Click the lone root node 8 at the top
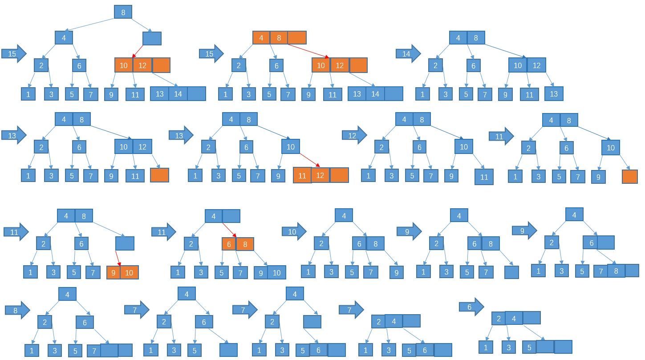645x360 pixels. [x=123, y=12]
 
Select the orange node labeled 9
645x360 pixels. [x=114, y=272]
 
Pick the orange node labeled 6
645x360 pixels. [x=229, y=244]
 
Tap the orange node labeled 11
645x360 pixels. [x=302, y=175]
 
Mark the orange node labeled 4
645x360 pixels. [x=261, y=38]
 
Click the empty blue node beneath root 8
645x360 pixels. [x=152, y=38]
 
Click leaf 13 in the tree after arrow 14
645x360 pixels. [x=554, y=93]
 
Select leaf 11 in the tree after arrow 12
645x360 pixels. [x=484, y=177]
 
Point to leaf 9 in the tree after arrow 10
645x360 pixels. [x=396, y=271]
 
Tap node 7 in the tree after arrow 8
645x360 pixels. [x=93, y=351]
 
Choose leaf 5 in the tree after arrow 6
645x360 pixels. [x=529, y=347]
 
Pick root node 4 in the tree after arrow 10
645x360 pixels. [x=344, y=216]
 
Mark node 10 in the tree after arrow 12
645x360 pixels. [x=463, y=146]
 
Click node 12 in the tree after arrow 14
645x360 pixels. [x=536, y=65]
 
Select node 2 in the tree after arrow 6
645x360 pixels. [x=499, y=318]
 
